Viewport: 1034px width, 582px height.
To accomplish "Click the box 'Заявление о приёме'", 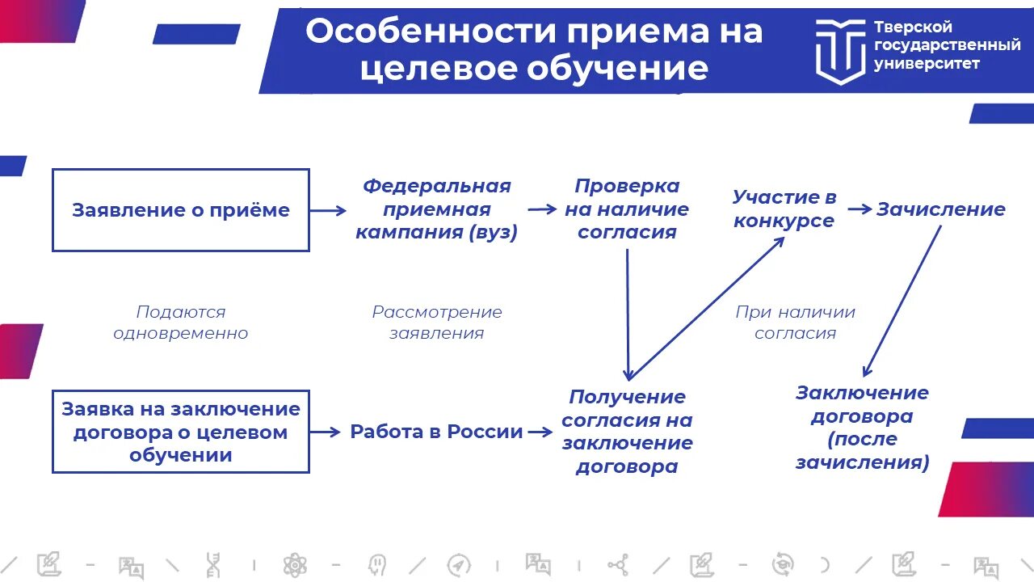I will pos(180,210).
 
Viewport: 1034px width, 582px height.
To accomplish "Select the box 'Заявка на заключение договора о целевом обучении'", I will pos(180,432).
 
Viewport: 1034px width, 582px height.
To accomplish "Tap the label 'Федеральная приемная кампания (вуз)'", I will pos(436,209).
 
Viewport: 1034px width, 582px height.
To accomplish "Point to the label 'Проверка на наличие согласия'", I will pos(627,209).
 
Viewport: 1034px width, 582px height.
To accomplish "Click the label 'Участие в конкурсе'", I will pos(784,209).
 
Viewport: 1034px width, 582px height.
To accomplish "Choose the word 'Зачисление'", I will pos(941,210).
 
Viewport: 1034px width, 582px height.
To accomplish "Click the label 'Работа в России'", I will pos(436,432).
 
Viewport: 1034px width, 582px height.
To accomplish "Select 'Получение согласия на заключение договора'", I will pos(627,432).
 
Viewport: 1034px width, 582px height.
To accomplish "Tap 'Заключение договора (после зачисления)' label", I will pos(862,428).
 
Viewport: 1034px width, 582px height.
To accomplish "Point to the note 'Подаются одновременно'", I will pos(180,323).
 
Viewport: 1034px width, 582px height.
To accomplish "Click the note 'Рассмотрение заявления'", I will pos(436,323).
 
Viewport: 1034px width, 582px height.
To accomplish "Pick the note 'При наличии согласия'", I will pos(795,323).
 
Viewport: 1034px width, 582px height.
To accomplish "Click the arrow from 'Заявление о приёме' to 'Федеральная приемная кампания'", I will pos(328,210).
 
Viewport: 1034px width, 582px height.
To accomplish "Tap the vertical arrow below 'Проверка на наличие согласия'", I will pos(628,315).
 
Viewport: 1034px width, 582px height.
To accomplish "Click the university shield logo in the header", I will pos(839,50).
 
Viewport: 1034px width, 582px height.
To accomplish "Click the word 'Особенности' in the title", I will pos(431,32).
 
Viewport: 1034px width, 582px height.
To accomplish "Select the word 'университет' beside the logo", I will pos(927,64).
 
